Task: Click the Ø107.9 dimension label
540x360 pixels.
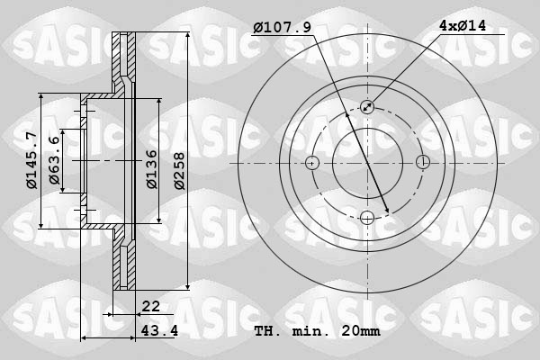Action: point(282,28)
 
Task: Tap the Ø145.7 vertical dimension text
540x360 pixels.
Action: point(31,160)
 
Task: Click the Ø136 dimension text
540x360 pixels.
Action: point(151,167)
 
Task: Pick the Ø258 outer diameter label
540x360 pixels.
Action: point(178,167)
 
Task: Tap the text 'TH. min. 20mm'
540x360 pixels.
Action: point(318,331)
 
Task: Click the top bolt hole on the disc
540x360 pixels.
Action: point(367,107)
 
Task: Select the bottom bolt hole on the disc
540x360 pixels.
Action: point(367,217)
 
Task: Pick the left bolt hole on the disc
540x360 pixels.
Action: point(312,163)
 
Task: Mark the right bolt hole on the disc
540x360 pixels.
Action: point(422,163)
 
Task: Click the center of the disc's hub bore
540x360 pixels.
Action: point(367,163)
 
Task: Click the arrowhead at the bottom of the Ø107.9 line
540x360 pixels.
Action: point(387,211)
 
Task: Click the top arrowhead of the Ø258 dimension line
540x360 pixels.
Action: point(187,38)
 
